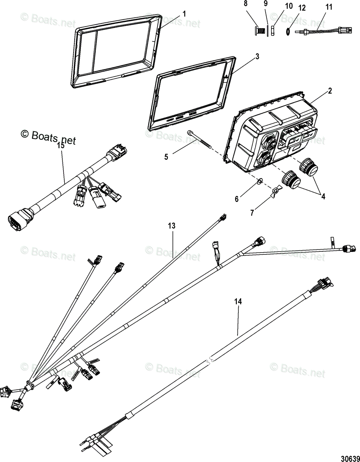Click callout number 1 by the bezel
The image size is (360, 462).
(184, 14)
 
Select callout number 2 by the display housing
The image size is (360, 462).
(330, 91)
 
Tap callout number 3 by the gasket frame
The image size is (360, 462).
(257, 56)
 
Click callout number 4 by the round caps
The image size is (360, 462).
(323, 196)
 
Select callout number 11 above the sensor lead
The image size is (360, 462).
(328, 7)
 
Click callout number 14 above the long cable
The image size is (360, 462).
(239, 302)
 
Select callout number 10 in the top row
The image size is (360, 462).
(288, 7)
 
